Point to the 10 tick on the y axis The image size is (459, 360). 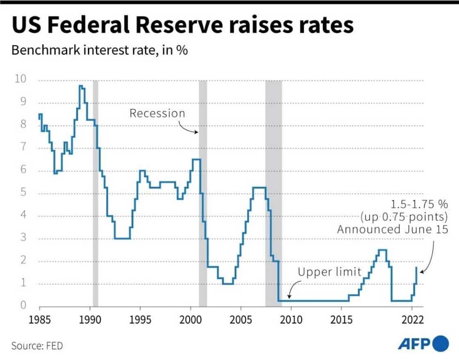pos(20,79)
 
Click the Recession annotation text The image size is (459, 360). pos(157,113)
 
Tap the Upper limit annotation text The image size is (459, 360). pos(329,272)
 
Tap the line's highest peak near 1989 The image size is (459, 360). pos(81,86)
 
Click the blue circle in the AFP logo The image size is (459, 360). pos(441,343)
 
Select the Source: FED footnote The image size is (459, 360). pos(37,346)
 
